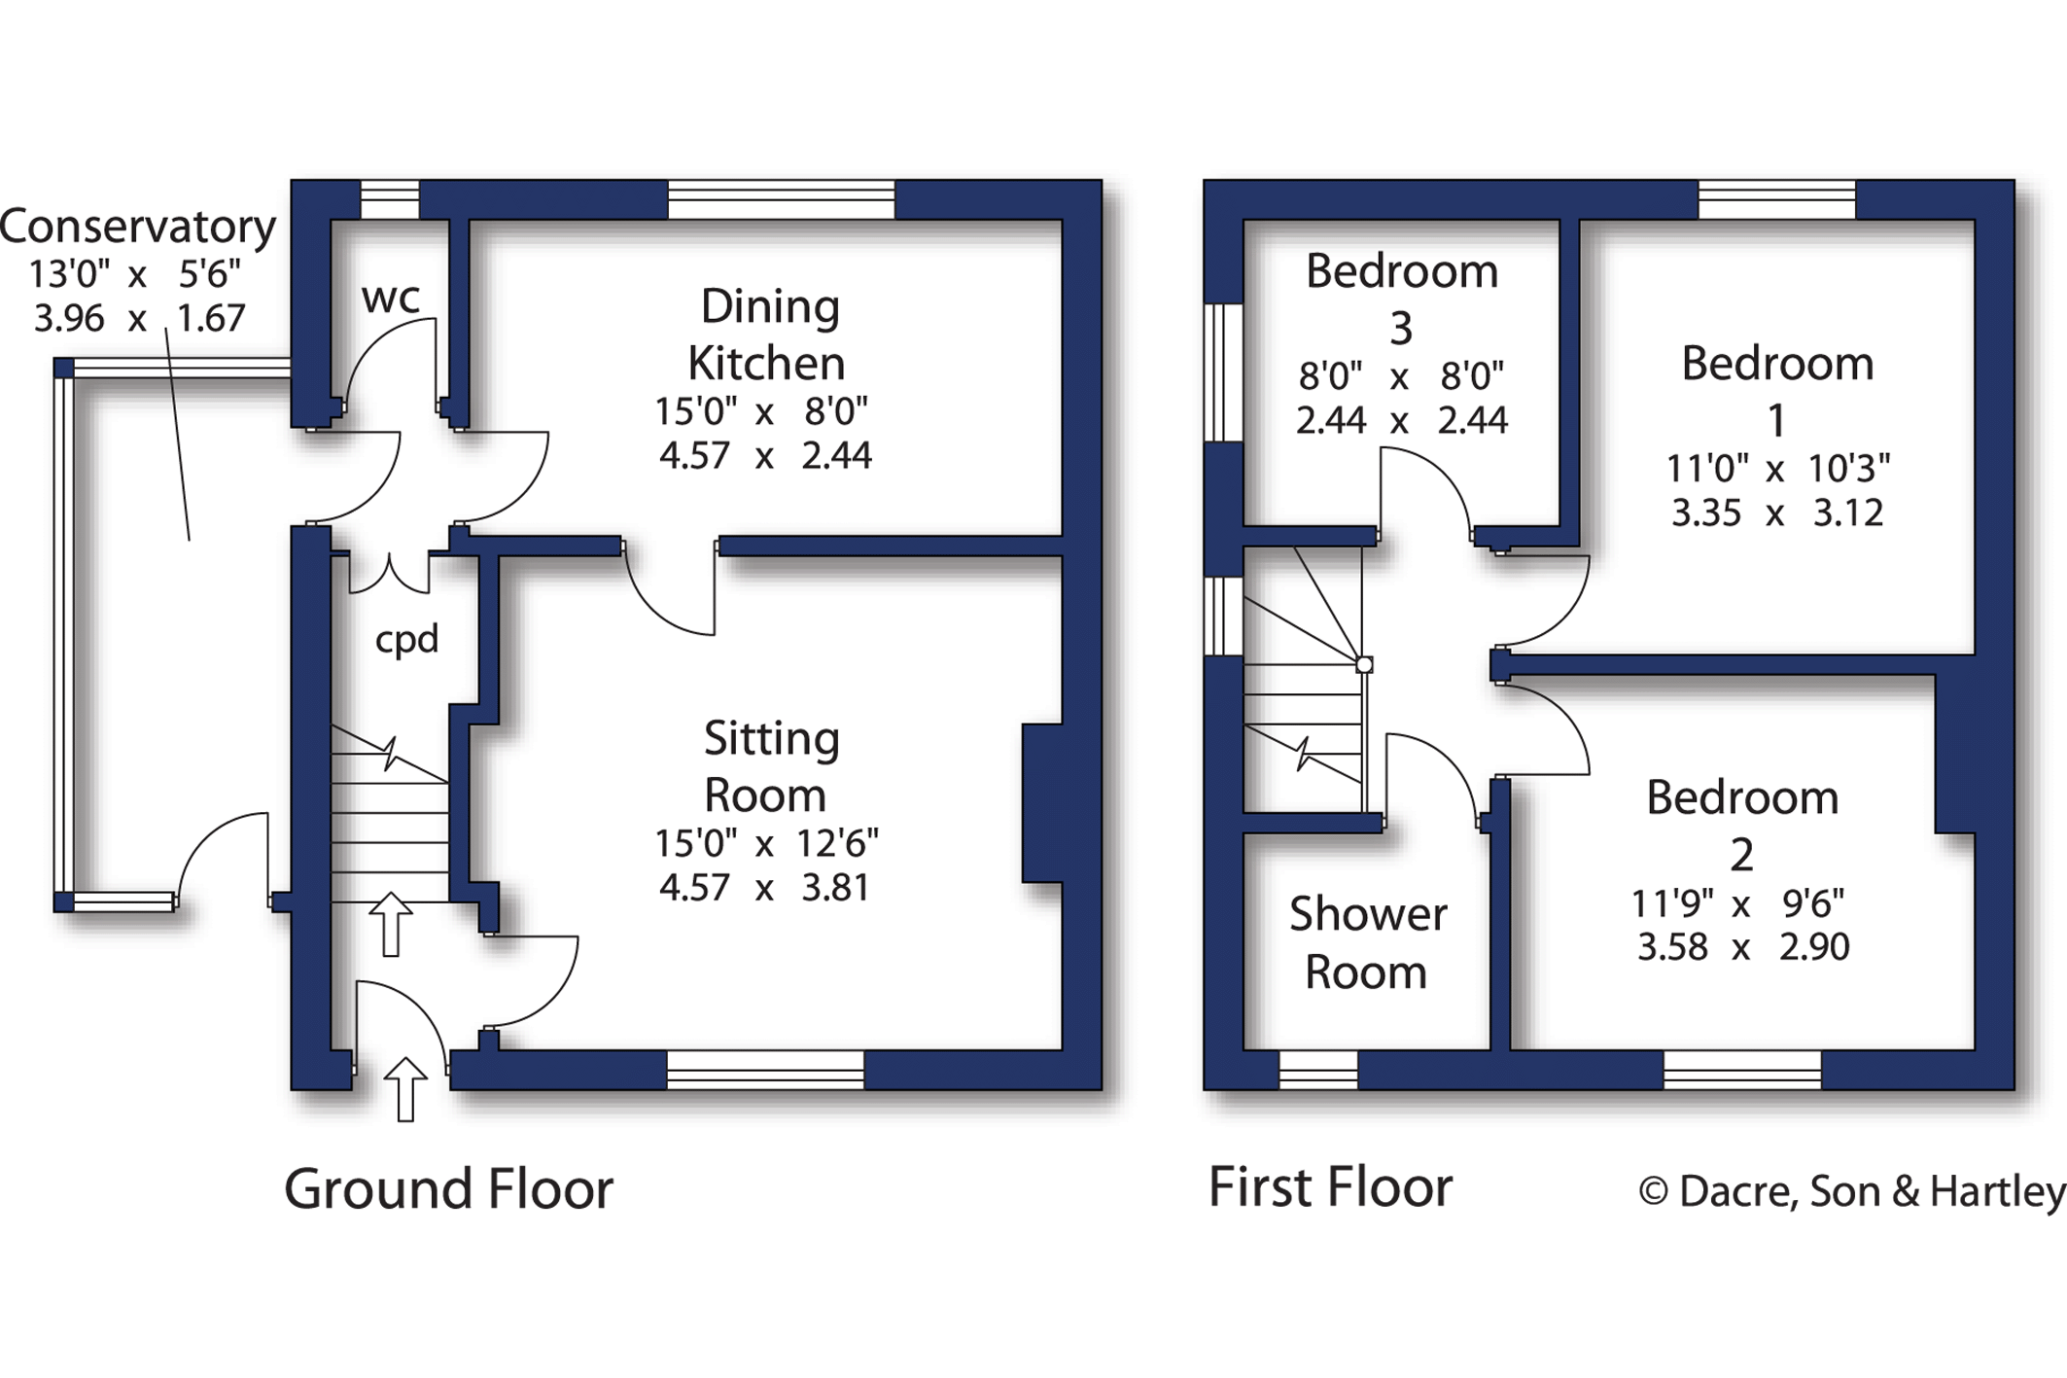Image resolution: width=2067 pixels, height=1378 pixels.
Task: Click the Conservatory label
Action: coord(138,227)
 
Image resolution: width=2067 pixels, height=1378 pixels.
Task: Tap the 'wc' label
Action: coord(391,298)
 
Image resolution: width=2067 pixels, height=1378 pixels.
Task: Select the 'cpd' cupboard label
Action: coord(406,639)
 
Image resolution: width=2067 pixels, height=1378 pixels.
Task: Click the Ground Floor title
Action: coord(448,1188)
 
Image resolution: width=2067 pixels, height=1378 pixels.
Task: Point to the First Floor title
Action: coord(1330,1186)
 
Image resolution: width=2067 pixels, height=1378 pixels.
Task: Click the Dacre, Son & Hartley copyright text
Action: coord(1851,1191)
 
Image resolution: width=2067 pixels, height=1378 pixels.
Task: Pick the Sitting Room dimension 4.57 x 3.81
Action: coord(764,887)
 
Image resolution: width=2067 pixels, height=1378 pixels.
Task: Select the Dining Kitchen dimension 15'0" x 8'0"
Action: coord(761,411)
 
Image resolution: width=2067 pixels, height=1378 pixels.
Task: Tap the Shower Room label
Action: coord(1367,942)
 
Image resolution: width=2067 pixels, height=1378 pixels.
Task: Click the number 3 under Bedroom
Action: coord(1400,329)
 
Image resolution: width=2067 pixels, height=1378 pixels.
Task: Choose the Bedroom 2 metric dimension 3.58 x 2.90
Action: coord(1742,946)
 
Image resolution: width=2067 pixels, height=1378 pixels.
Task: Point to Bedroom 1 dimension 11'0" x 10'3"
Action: coord(1777,469)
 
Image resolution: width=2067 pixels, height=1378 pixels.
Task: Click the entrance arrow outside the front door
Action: coord(405,1088)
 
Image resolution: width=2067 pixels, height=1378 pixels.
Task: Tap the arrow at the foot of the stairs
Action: coord(391,923)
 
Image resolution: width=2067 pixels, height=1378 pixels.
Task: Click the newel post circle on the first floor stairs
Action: coord(1364,665)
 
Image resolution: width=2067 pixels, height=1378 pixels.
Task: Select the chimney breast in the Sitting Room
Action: coord(1041,803)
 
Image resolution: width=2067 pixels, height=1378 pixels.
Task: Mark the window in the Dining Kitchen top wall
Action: coord(781,199)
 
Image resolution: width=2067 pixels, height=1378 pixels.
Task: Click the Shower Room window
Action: coord(1317,1070)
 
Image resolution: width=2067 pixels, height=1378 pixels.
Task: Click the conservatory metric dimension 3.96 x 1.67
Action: coord(139,318)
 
